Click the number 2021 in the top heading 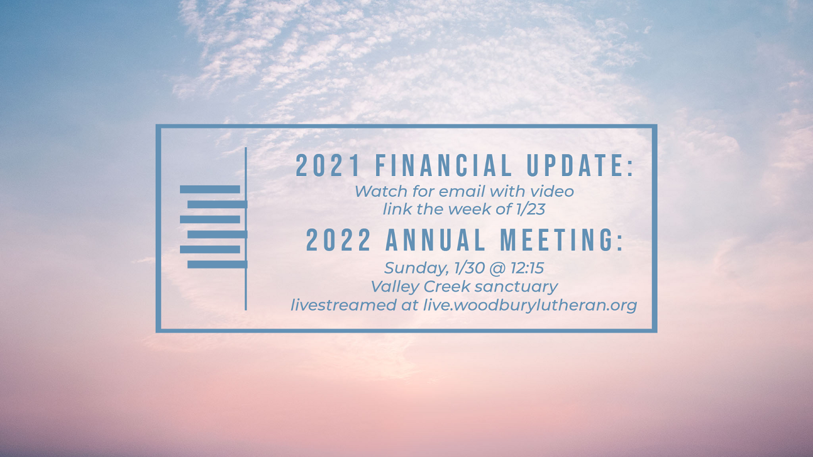coord(328,165)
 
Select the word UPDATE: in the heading coord(580,165)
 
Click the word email coord(468,191)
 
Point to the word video coord(553,191)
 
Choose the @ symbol coord(497,269)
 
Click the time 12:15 coord(527,268)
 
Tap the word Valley coord(395,287)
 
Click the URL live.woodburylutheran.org coord(530,305)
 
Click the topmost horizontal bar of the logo coord(210,190)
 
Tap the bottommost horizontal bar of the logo coord(217,265)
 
